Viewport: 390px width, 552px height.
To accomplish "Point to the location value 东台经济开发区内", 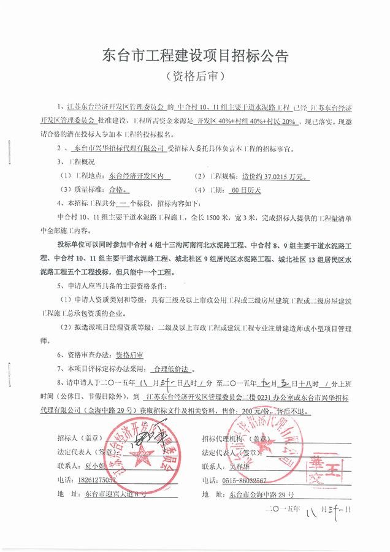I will click(139, 176).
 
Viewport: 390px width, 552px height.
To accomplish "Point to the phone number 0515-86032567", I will click(253, 480).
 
